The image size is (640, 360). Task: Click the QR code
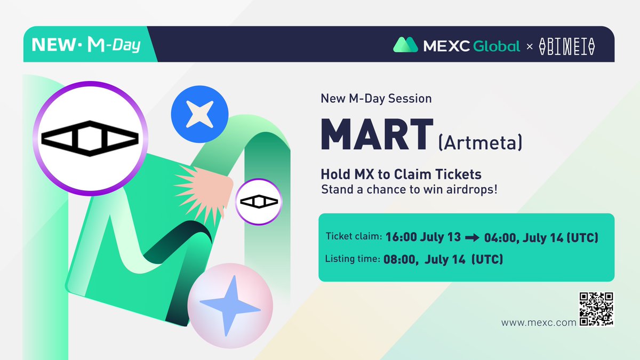[x=596, y=309]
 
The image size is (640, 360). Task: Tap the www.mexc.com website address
[x=539, y=323]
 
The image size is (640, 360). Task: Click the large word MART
[x=377, y=135]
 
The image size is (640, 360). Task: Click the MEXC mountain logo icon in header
[x=405, y=45]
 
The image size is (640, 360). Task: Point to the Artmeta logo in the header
[x=566, y=46]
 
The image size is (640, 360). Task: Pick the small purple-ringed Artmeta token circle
[x=259, y=202]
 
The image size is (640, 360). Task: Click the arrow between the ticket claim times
[x=472, y=238]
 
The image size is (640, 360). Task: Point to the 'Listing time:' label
[x=353, y=260]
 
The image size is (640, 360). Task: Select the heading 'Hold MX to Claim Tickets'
[x=401, y=174]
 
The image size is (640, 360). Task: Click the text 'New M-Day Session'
[x=376, y=99]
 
